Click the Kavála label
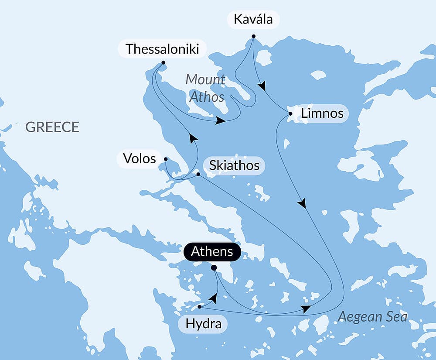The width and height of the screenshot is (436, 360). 253,20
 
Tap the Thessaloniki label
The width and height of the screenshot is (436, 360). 162,49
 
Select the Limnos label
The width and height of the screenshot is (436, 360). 322,114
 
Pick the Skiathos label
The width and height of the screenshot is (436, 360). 234,165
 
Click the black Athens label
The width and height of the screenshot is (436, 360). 212,252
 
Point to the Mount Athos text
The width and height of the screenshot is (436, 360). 206,88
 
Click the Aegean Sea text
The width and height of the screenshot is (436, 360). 372,316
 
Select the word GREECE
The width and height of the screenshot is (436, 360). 52,127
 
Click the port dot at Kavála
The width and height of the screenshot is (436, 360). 253,36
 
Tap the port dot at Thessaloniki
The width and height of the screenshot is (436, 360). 163,62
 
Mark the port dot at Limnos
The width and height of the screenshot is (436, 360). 290,114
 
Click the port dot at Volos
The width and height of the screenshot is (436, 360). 166,159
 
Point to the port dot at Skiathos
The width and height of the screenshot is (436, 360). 198,175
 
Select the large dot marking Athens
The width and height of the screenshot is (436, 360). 214,268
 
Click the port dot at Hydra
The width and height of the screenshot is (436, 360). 200,307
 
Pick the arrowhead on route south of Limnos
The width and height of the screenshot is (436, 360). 302,203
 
